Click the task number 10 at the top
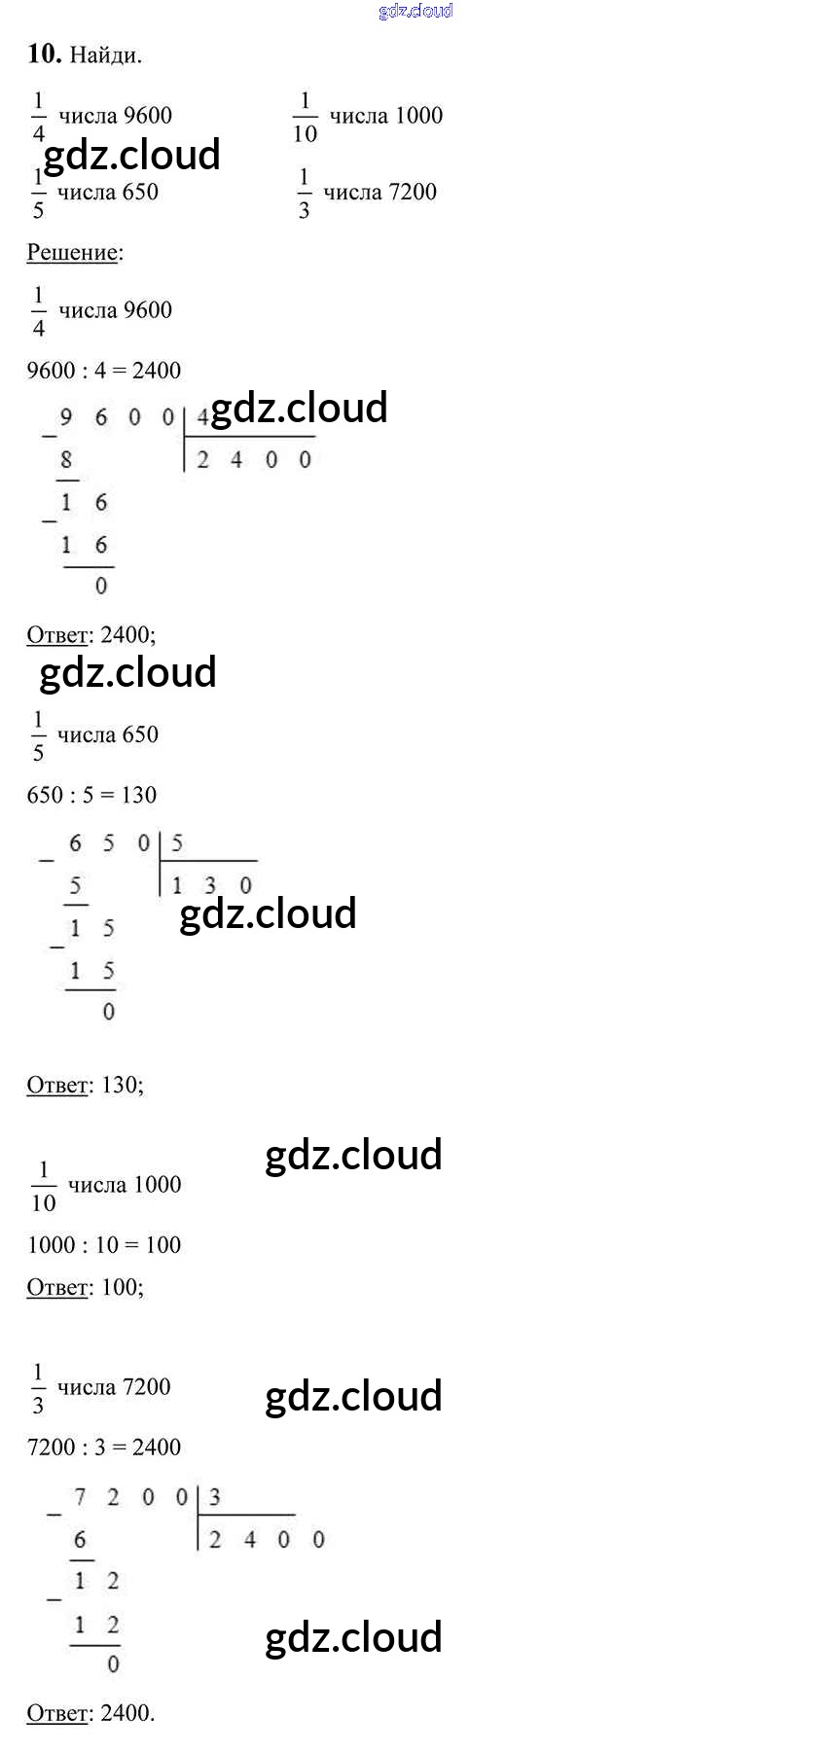pyautogui.click(x=44, y=54)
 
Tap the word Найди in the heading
pyautogui.click(x=105, y=55)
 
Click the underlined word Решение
pyautogui.click(x=73, y=253)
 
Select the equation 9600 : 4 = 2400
pyautogui.click(x=104, y=371)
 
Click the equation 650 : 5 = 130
pyautogui.click(x=91, y=796)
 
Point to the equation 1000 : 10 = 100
pyautogui.click(x=104, y=1245)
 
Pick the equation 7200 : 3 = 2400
pyautogui.click(x=104, y=1448)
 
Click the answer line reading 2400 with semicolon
pyautogui.click(x=91, y=635)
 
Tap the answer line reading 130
pyautogui.click(x=86, y=1086)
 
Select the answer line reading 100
pyautogui.click(x=86, y=1288)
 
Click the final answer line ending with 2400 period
pyautogui.click(x=90, y=1713)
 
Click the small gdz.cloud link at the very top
pyautogui.click(x=415, y=11)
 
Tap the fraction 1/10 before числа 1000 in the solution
pyautogui.click(x=44, y=1186)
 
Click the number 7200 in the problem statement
pyautogui.click(x=413, y=193)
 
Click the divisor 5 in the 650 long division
pyautogui.click(x=177, y=843)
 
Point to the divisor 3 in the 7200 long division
pyautogui.click(x=215, y=1497)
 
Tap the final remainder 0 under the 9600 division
pyautogui.click(x=101, y=586)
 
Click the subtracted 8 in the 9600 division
pyautogui.click(x=66, y=460)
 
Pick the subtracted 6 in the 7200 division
pyautogui.click(x=80, y=1540)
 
